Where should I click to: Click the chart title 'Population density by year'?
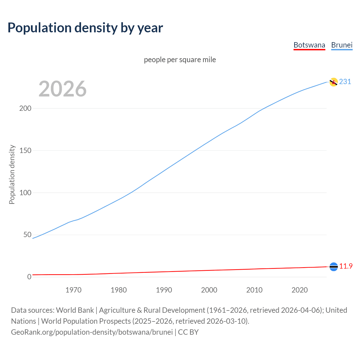(x=85, y=28)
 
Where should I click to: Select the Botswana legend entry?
(x=309, y=45)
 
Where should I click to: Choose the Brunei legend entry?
(x=342, y=45)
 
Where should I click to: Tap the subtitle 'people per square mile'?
(x=180, y=60)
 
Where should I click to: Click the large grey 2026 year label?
(x=62, y=89)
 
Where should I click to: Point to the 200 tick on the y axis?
(x=25, y=108)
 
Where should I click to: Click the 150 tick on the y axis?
(x=25, y=150)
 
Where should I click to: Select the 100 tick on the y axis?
(x=25, y=193)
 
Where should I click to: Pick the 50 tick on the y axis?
(x=27, y=235)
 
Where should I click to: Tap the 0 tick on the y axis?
(x=29, y=277)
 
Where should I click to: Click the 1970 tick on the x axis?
(x=73, y=290)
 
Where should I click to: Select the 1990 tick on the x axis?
(x=164, y=290)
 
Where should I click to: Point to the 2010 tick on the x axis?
(x=254, y=290)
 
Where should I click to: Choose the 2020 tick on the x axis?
(x=300, y=290)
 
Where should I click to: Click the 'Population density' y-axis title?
(x=12, y=174)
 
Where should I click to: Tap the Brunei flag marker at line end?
(x=333, y=82)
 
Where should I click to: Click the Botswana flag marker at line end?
(x=334, y=267)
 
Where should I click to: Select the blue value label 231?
(x=345, y=82)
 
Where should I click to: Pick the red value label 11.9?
(x=346, y=266)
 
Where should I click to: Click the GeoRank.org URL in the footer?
(x=92, y=332)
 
